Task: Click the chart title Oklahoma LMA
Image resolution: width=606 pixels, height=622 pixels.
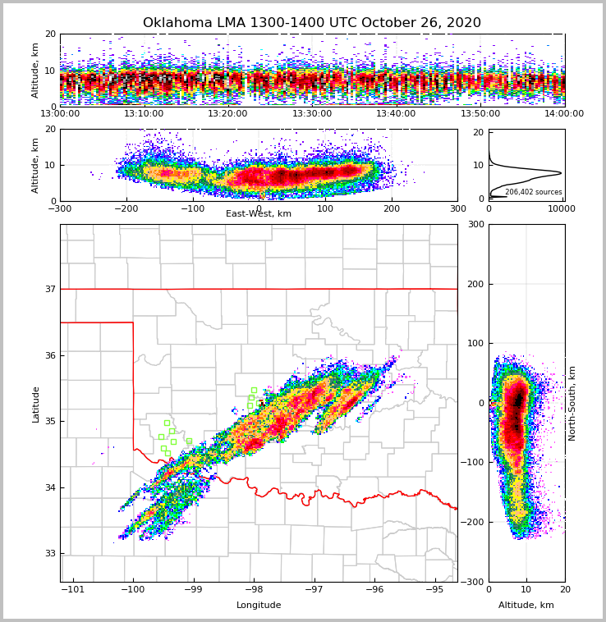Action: [x=312, y=23]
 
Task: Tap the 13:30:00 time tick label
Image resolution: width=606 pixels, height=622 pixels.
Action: [x=312, y=114]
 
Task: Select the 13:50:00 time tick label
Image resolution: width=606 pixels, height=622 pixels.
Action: [x=480, y=114]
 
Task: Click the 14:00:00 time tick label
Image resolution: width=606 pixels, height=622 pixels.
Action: [x=564, y=114]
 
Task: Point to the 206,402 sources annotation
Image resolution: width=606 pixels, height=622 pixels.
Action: [x=533, y=192]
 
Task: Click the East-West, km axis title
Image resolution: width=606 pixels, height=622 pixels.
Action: [x=259, y=214]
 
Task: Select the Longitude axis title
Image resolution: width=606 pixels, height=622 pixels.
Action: [x=259, y=606]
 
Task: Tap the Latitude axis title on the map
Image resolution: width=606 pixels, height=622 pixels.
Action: [x=36, y=404]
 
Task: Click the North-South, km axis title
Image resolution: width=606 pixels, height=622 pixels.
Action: [x=572, y=403]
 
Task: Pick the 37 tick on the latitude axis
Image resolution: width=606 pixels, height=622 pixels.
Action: [x=49, y=289]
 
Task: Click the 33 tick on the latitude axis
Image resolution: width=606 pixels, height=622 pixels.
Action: [x=49, y=553]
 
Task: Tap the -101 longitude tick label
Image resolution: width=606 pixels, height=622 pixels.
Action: [x=74, y=589]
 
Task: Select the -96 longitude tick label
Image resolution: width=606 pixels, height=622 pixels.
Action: [x=374, y=589]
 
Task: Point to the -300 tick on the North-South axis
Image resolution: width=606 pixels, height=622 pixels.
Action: [x=474, y=582]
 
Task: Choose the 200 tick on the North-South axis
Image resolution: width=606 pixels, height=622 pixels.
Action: [x=475, y=284]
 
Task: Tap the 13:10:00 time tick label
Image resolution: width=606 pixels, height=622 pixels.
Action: [x=144, y=114]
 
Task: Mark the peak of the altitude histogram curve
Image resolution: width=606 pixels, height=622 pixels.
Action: [x=561, y=173]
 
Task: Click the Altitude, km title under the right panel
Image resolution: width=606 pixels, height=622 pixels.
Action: [x=526, y=606]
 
